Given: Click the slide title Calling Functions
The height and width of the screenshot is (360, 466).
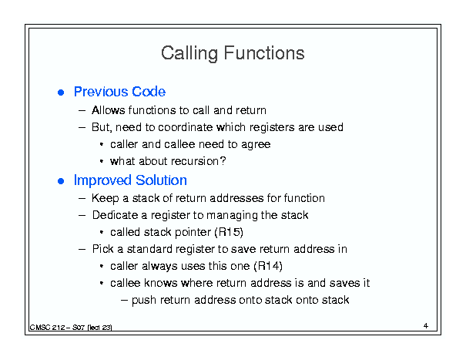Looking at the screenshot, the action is pos(233,53).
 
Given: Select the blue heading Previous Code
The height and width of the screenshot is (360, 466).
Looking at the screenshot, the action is pos(119,92).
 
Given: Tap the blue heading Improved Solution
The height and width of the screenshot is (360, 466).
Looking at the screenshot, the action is pos(130,180).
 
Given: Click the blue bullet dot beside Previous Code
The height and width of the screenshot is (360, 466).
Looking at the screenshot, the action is pos(61,93).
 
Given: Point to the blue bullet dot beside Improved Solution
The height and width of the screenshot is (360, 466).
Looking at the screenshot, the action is pos(61,181).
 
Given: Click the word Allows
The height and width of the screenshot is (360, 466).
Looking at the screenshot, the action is pos(109,110).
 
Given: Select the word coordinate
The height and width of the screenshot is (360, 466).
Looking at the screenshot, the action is pos(185,127).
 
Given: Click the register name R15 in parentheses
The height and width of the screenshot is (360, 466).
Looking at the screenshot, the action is pos(229,232).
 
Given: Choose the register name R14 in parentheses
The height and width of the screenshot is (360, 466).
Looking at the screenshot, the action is pos(268,266).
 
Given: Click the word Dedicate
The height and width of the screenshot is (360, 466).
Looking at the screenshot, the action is pos(115,215).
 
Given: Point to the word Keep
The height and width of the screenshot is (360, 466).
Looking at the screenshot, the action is pos(106,198).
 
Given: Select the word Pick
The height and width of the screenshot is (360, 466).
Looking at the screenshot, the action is pos(103,249).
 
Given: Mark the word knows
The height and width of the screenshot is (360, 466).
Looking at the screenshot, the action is pos(160,283).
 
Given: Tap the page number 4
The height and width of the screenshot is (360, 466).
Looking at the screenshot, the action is pos(426,326).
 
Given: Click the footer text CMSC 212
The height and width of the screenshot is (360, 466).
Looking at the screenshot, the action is pos(47,328).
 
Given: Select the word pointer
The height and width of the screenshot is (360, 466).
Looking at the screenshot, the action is pos(193,232).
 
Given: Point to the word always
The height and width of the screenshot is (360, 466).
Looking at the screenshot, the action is pos(159,267).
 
